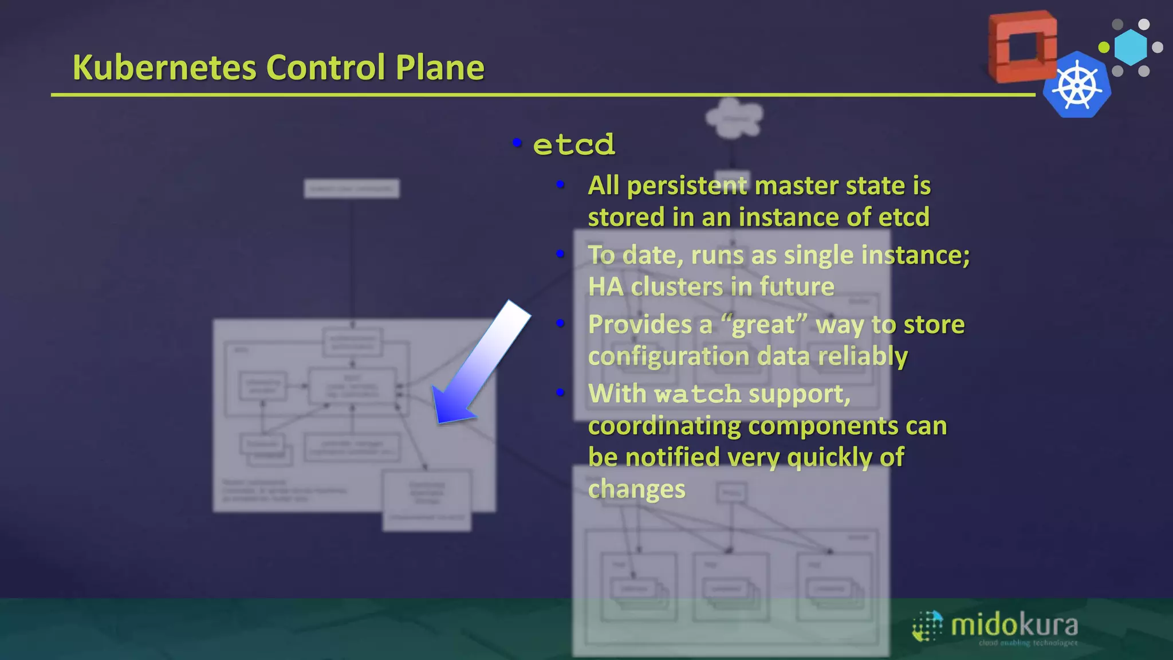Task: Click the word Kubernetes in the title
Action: click(164, 68)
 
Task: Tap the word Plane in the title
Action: click(440, 68)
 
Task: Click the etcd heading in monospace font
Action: click(574, 144)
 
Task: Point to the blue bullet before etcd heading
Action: click(517, 142)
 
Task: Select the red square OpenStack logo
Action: click(1023, 46)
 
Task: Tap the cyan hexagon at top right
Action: click(1131, 47)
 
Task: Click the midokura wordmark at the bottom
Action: click(1014, 626)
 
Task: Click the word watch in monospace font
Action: click(698, 394)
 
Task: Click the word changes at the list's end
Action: click(636, 489)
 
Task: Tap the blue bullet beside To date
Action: click(560, 253)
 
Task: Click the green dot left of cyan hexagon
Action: click(1104, 47)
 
